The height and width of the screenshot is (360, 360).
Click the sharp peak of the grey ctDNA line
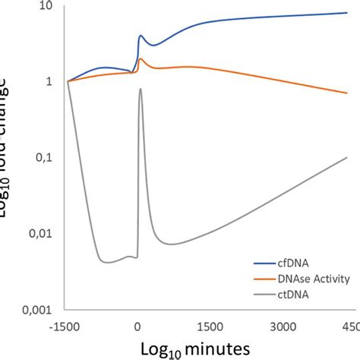coord(140,89)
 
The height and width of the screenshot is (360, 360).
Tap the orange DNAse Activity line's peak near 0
coord(141,58)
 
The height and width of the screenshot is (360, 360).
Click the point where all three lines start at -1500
coord(68,81)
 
